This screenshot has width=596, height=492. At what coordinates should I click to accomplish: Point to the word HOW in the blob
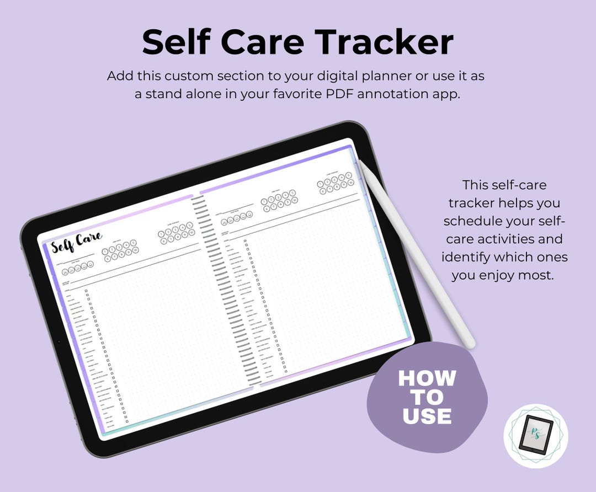tap(427, 378)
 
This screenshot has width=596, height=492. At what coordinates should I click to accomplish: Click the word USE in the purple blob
tap(427, 416)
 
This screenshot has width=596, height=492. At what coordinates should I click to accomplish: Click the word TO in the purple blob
tap(427, 397)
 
